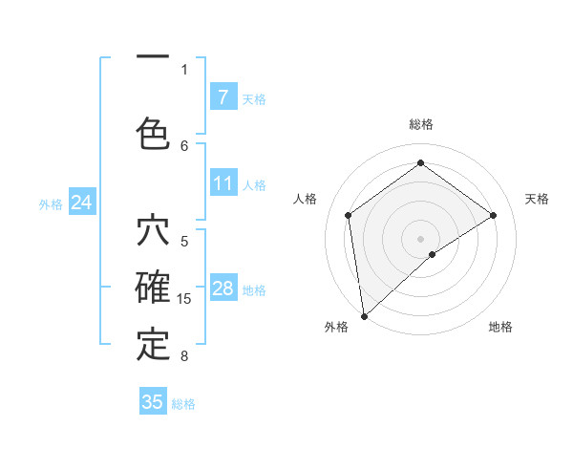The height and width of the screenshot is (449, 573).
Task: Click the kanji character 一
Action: [x=152, y=57]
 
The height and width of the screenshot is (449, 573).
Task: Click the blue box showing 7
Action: [x=223, y=96]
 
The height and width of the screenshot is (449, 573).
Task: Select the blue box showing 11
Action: [x=223, y=182]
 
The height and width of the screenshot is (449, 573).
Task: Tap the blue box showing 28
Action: [x=223, y=289]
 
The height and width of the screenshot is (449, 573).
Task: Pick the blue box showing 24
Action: [x=81, y=203]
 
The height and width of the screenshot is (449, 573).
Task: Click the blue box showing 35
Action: [x=153, y=402]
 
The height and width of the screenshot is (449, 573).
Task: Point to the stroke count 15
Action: [x=184, y=299]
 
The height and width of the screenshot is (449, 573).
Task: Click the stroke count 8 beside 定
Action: [x=183, y=356]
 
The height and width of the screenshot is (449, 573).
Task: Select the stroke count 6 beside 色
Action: [x=184, y=145]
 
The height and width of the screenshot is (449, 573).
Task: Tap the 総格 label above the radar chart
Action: [x=420, y=124]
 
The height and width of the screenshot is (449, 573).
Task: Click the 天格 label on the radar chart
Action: [x=537, y=199]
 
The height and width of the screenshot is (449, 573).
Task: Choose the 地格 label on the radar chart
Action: [x=500, y=327]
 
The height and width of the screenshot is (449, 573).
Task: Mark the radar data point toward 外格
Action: [x=364, y=315]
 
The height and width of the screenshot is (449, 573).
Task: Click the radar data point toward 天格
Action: [x=494, y=215]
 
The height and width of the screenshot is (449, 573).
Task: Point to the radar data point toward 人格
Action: [x=349, y=215]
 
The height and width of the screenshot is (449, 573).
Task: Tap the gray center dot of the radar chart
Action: [x=420, y=238]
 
